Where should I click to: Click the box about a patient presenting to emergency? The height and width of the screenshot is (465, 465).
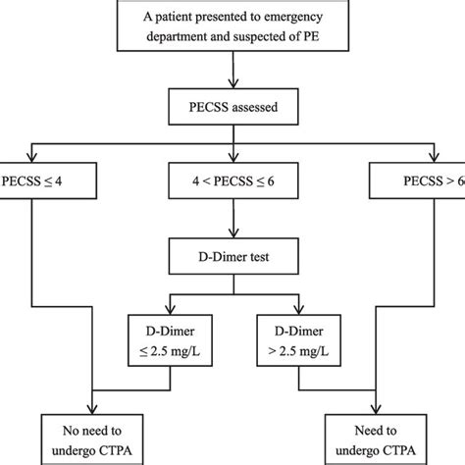click(232, 26)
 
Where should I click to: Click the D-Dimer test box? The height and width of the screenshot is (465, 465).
click(232, 260)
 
